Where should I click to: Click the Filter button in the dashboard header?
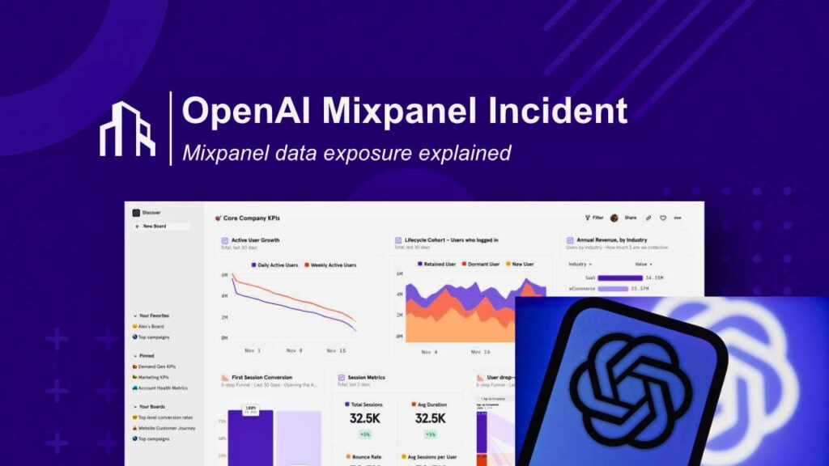point(594,218)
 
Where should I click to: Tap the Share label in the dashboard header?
point(630,218)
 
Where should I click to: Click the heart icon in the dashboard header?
point(662,218)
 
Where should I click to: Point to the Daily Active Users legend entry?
point(274,265)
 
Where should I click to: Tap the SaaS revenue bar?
point(619,277)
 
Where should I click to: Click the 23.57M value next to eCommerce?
point(646,288)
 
